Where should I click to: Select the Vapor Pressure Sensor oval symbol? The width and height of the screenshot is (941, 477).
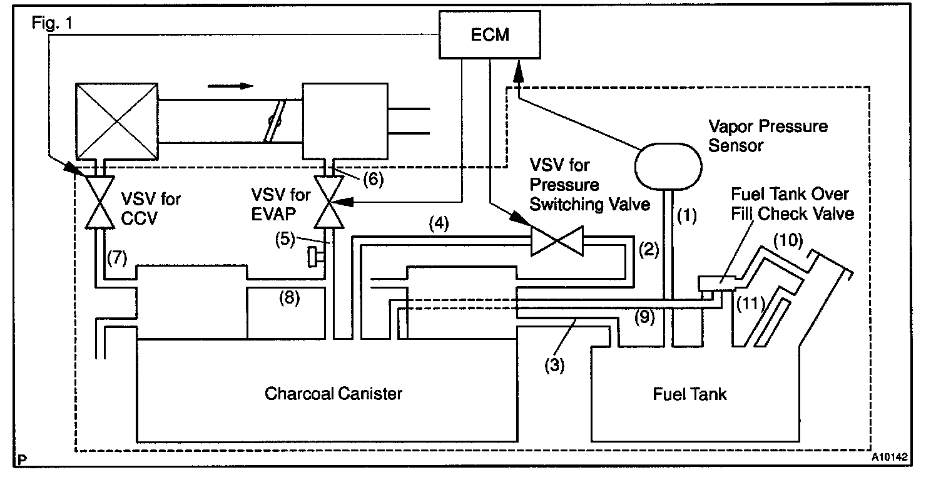point(668,166)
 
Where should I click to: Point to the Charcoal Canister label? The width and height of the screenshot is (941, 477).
point(333,394)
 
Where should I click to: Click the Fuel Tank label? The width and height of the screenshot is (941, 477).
point(690,394)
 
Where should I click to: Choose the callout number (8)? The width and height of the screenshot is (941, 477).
point(289,298)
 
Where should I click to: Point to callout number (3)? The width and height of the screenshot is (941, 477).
point(554,365)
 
